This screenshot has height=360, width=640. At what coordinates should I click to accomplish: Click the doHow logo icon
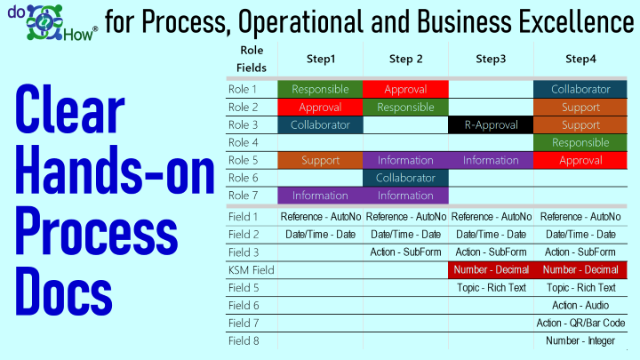point(44,22)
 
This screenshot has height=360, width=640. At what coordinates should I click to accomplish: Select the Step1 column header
point(321,60)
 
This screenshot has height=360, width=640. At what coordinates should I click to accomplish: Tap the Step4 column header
point(580,60)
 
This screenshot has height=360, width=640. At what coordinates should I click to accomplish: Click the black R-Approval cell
point(491,125)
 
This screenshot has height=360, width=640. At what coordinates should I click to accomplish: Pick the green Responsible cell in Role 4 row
point(580,142)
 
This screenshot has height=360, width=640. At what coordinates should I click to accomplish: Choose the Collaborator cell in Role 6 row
point(405,178)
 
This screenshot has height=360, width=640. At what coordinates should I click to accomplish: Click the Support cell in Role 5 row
point(320,160)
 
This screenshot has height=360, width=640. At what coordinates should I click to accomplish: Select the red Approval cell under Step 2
point(405,90)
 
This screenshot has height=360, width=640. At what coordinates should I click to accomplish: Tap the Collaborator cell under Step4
point(580,90)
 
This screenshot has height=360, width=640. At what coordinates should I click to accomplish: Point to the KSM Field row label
point(251,270)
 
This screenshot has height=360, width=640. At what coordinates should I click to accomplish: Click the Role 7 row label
point(243,196)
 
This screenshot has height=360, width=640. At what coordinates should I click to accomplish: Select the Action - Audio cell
point(580,305)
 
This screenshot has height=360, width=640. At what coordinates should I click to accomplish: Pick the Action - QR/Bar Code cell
point(580,324)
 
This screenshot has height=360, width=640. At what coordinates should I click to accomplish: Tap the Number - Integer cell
point(580,340)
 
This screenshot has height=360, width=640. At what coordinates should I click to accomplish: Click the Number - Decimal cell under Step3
point(491,270)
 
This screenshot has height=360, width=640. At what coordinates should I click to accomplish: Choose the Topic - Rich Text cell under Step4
point(580,288)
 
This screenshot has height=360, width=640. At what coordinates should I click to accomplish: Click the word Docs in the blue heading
point(64,291)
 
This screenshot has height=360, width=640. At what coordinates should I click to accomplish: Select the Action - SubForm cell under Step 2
point(405,252)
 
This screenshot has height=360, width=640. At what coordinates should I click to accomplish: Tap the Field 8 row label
point(244,340)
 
